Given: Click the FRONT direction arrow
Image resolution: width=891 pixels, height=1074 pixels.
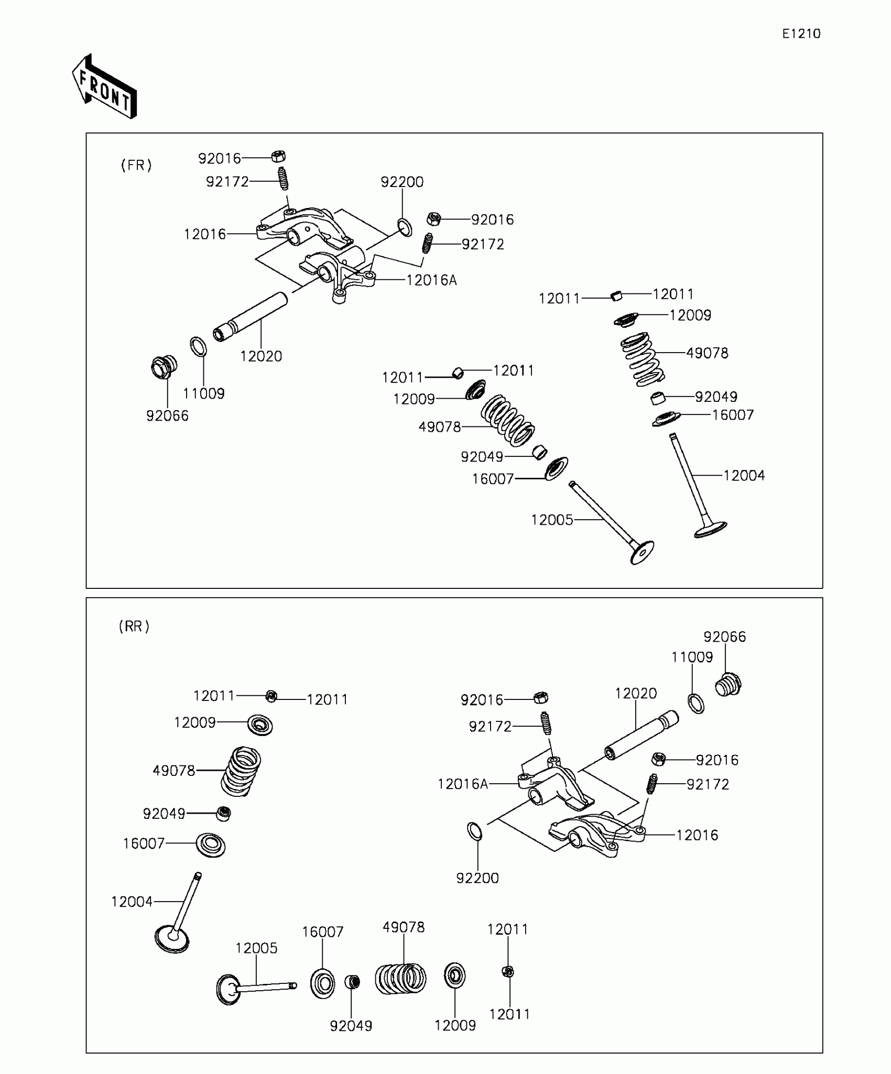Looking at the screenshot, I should [x=105, y=87].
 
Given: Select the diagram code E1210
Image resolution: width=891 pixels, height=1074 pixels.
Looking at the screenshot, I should [x=801, y=34].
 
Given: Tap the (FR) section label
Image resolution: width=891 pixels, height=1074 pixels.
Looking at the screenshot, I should [x=136, y=166].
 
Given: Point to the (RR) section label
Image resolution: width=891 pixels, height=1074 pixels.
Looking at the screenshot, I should [x=134, y=626].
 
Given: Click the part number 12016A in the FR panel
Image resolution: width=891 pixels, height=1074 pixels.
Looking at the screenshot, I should [x=431, y=281].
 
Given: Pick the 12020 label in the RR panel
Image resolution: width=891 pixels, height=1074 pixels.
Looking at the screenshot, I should [x=635, y=694].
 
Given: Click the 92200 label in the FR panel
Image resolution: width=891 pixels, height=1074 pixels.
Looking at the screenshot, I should [x=402, y=182].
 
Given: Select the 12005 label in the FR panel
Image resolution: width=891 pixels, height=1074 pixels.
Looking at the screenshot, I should [x=552, y=520].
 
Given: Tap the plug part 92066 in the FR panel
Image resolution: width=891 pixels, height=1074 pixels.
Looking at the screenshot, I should [x=164, y=367].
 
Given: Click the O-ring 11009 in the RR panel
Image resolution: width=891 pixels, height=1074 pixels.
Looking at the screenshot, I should [x=696, y=703].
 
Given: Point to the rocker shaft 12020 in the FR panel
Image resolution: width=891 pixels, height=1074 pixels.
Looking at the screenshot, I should [x=251, y=317].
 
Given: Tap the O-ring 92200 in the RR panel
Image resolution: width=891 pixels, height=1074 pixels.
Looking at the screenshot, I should [x=474, y=831].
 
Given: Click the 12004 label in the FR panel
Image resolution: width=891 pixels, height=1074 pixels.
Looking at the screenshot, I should [x=744, y=476].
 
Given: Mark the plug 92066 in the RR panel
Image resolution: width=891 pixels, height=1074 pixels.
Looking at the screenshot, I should [x=728, y=685].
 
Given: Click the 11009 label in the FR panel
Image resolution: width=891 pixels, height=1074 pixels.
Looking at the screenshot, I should [x=204, y=394].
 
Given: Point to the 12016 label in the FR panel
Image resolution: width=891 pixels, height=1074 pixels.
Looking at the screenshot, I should [x=205, y=234].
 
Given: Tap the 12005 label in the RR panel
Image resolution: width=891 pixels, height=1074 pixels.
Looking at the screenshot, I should [x=256, y=948].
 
